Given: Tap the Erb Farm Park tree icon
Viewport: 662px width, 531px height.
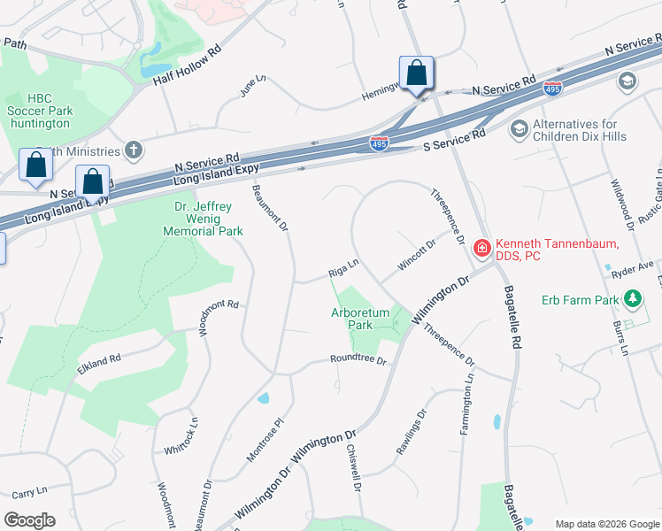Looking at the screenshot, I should (632, 299).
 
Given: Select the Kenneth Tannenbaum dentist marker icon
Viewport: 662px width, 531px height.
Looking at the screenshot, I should (482, 249).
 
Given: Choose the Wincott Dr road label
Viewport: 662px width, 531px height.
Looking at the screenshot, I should (418, 256).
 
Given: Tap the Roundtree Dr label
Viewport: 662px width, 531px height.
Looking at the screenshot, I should (358, 360).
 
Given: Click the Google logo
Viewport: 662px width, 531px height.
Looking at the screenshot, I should (29, 520).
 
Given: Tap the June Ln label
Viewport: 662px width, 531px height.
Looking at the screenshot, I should (252, 86).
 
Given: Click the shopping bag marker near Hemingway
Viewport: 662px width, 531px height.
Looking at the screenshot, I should (416, 73).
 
